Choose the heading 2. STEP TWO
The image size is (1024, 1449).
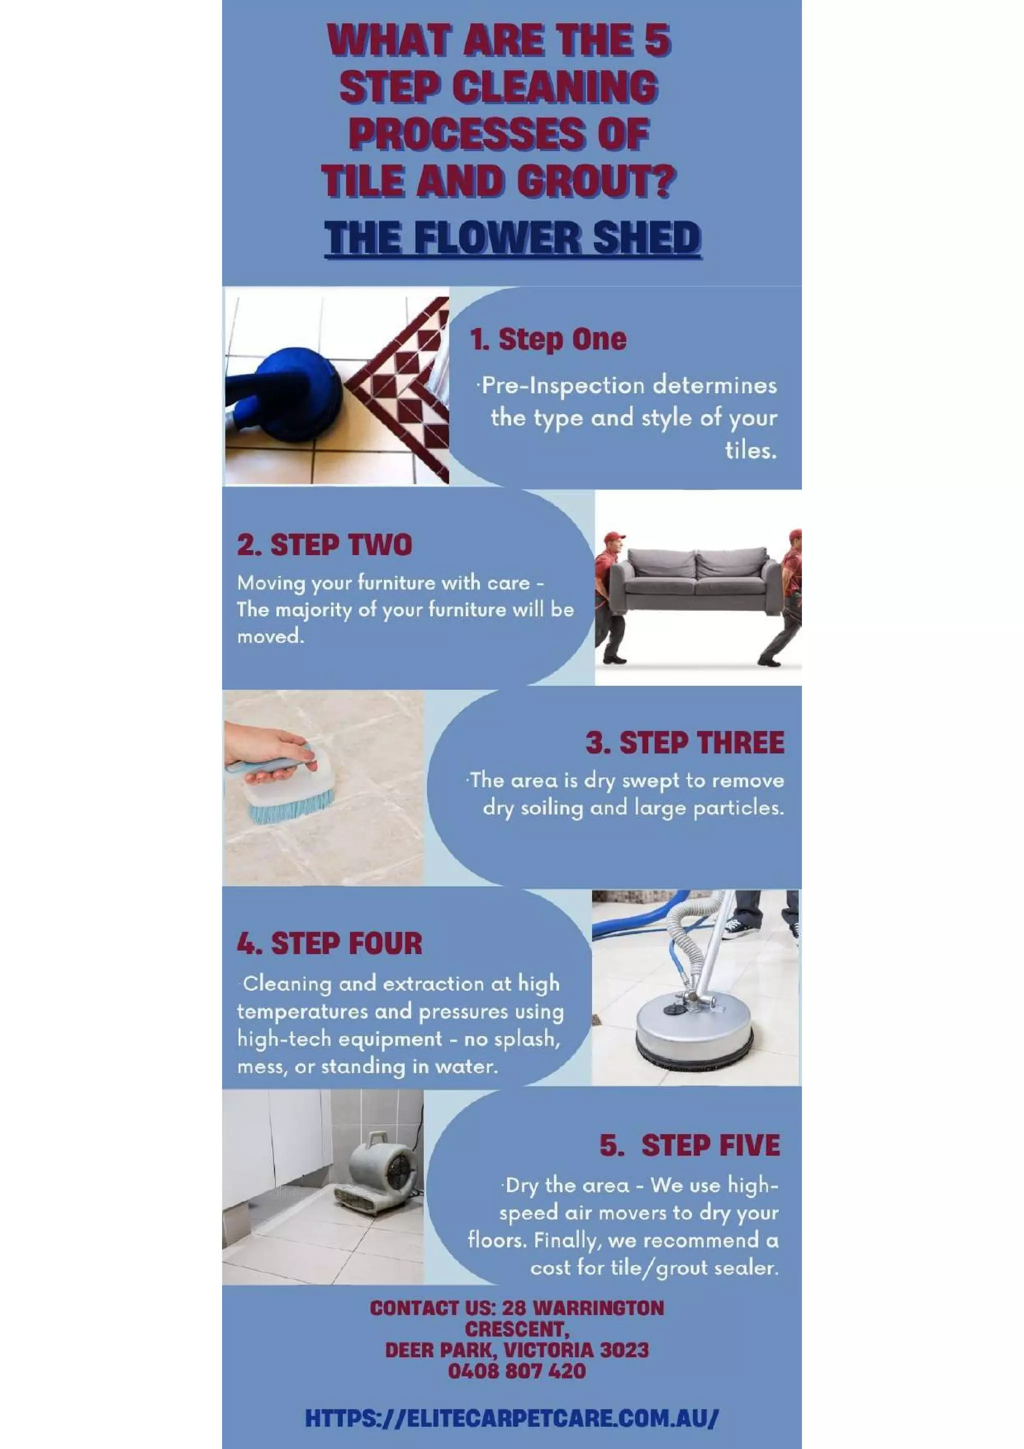tap(324, 544)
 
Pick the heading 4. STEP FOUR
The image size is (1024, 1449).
tap(329, 943)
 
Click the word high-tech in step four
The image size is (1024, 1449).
tap(272, 1039)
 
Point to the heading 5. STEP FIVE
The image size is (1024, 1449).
tap(689, 1145)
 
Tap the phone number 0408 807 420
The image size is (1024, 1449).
tap(516, 1370)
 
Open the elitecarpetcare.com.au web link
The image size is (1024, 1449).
tap(511, 1418)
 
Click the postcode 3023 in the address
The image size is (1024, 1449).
tap(624, 1350)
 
